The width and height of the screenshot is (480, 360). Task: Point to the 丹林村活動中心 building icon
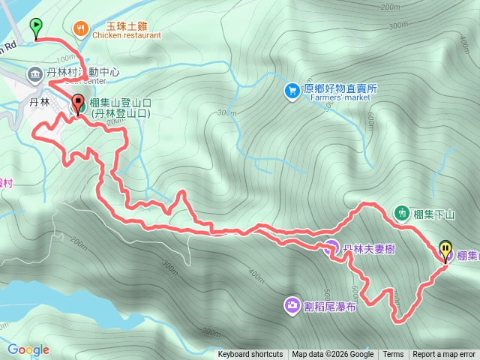click(x=35, y=73)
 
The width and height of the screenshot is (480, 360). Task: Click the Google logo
click(x=28, y=349)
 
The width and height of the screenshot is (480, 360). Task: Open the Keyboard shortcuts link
click(x=250, y=355)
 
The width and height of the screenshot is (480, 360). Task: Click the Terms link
click(x=393, y=355)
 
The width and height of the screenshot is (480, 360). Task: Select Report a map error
click(x=444, y=355)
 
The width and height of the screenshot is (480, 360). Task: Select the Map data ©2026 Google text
click(x=333, y=355)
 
